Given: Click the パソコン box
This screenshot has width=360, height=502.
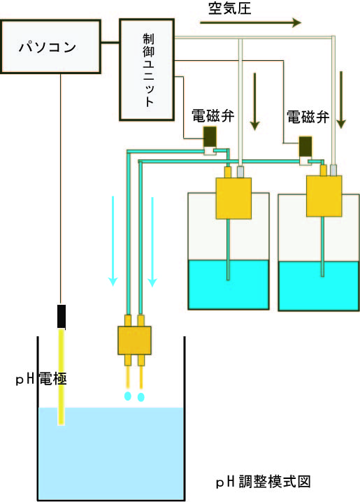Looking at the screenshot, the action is [x=50, y=47].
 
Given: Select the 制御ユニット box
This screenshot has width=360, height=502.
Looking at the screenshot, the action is [x=147, y=69].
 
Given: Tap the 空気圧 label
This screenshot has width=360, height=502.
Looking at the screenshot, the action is [x=229, y=8].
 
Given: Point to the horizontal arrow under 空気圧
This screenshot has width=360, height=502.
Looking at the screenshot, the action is [x=250, y=23].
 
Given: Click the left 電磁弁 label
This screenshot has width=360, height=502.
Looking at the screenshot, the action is [x=213, y=116].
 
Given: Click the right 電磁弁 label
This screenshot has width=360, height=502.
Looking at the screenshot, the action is [x=308, y=117].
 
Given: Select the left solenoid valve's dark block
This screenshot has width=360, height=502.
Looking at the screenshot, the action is [x=210, y=136].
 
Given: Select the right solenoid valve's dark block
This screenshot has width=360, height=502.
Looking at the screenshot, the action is [x=305, y=146].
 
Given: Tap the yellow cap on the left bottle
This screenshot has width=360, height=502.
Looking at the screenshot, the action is [x=233, y=198].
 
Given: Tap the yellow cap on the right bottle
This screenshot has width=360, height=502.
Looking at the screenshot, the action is [x=324, y=196].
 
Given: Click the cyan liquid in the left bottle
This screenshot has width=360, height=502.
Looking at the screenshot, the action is [x=229, y=285].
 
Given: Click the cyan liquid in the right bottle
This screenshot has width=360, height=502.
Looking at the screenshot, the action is [x=319, y=286].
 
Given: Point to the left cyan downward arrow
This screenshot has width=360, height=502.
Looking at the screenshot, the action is [x=113, y=241].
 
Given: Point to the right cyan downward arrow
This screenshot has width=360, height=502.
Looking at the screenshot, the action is [x=152, y=242].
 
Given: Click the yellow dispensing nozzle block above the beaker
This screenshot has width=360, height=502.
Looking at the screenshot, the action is [x=134, y=340].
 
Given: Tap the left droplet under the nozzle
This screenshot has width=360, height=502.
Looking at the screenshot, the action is [x=128, y=396].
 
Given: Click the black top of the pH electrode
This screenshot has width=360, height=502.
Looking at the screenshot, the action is [x=62, y=317].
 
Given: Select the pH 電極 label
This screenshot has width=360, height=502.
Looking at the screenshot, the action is [x=41, y=380].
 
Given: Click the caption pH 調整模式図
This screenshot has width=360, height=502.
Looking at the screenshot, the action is [x=264, y=482].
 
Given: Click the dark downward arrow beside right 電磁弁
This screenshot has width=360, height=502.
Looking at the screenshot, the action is [x=341, y=100].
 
